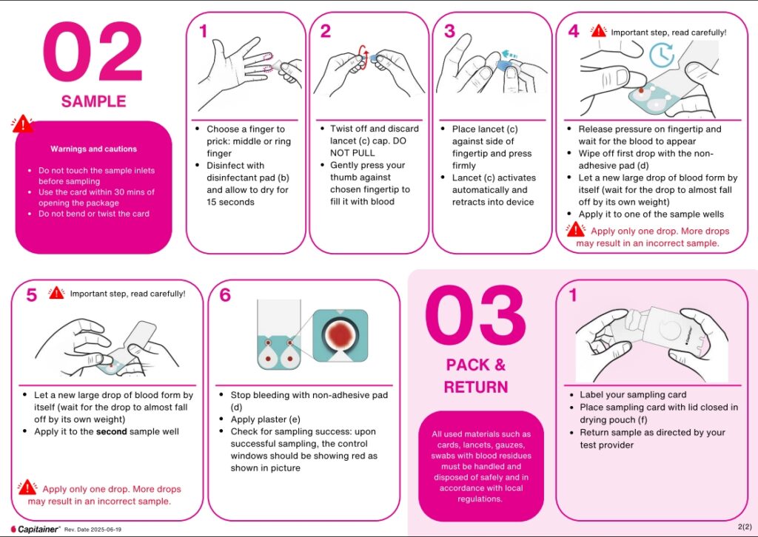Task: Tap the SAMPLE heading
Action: click(x=94, y=101)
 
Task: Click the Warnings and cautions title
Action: click(x=94, y=149)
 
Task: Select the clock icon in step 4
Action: click(x=662, y=55)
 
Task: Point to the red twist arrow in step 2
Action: click(x=363, y=57)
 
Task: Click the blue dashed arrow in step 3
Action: click(x=509, y=53)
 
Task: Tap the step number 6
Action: click(x=225, y=294)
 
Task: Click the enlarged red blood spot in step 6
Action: click(x=340, y=334)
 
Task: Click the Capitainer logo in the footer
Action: click(x=36, y=530)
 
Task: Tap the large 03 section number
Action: click(x=475, y=317)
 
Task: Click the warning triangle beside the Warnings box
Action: click(x=22, y=124)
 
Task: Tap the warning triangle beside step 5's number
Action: click(x=56, y=293)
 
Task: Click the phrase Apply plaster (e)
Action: click(x=266, y=419)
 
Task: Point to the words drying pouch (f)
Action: click(x=614, y=419)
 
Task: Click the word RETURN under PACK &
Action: click(x=476, y=388)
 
